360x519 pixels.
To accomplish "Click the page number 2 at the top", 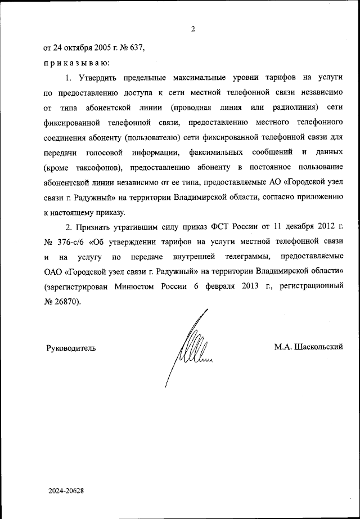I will click(x=192, y=30).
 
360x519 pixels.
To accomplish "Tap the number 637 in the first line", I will click(x=138, y=48).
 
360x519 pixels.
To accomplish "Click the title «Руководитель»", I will click(x=71, y=348).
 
